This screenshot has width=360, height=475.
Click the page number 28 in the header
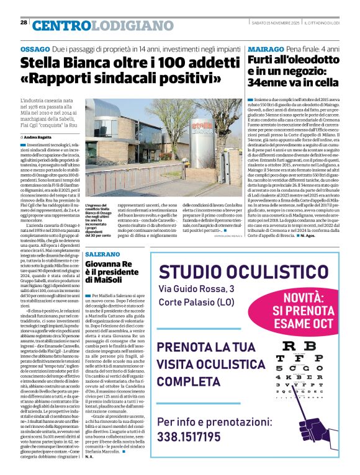pos(24,22)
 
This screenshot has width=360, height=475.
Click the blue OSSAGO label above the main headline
pos(35,48)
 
